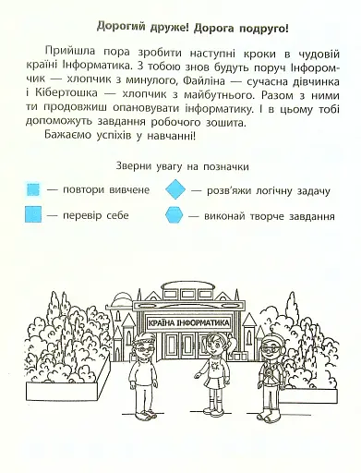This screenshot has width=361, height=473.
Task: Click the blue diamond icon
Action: point(175,189)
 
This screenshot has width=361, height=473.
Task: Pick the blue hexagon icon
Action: point(175,217)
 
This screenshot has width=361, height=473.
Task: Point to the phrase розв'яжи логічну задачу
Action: point(266,189)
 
